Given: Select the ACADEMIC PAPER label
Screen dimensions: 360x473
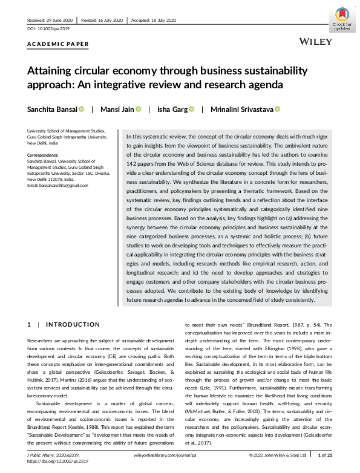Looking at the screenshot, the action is [58, 44].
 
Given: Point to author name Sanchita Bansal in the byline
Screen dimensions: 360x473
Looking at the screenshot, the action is [52, 109].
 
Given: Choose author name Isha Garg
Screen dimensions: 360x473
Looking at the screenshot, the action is [171, 109].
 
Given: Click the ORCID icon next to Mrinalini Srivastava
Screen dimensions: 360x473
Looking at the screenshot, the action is [278, 109].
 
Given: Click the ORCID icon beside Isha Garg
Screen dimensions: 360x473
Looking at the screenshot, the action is [191, 109].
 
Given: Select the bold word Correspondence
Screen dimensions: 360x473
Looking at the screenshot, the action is [42, 155].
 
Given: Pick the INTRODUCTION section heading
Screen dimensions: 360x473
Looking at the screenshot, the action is [74, 325].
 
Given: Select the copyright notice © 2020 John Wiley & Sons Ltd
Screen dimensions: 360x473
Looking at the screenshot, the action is [279, 454].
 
